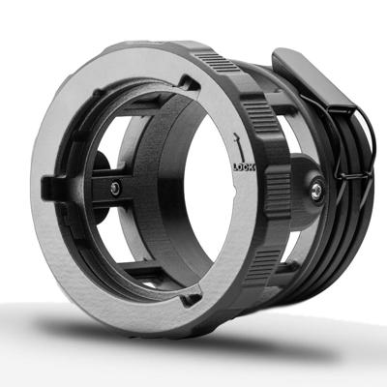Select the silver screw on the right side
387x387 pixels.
(x=314, y=191)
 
